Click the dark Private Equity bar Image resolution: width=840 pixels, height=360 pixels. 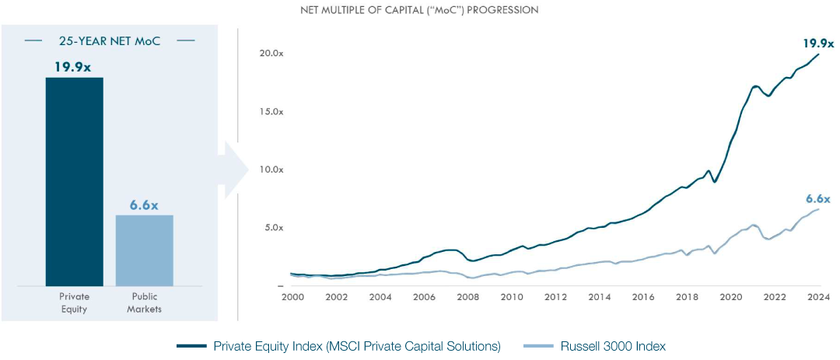tap(74, 182)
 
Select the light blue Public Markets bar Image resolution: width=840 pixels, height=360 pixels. tap(145, 250)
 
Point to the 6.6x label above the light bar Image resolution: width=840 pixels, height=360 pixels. tap(145, 205)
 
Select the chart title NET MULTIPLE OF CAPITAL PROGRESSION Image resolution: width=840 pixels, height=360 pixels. tap(419, 10)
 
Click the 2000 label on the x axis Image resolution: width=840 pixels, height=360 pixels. tap(291, 297)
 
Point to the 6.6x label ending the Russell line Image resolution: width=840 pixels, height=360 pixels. tap(818, 199)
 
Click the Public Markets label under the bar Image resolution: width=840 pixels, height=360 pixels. tap(145, 303)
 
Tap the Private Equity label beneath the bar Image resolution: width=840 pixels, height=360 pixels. tap(75, 303)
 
